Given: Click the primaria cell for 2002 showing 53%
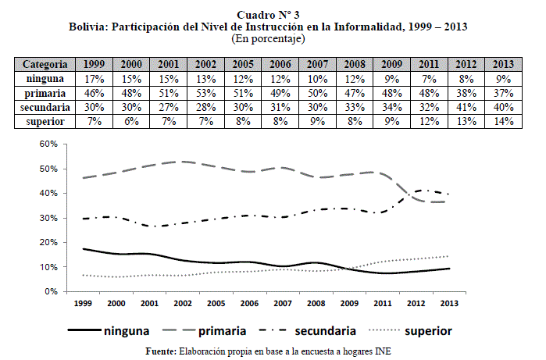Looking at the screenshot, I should [205, 92].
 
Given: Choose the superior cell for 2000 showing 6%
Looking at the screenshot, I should [130, 120].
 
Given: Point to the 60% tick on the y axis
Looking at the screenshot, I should [50, 144].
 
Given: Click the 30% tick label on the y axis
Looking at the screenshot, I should [50, 218].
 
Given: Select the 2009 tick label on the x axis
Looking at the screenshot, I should [350, 303].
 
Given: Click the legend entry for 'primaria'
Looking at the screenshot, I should [224, 331].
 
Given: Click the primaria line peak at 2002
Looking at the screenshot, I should [182, 162].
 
